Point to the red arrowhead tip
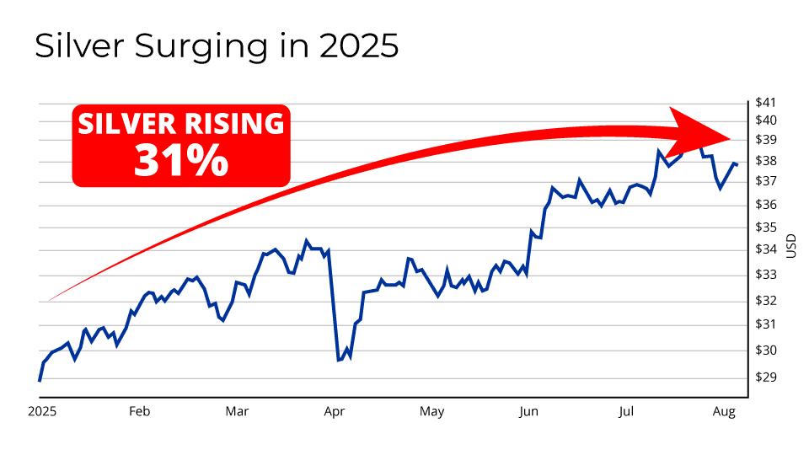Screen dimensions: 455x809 (730, 136)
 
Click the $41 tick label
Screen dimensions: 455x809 (766, 102)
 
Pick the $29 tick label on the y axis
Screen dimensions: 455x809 (766, 377)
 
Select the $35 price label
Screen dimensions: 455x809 (766, 227)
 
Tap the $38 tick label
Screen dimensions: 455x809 (766, 161)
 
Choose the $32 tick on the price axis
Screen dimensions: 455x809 (766, 301)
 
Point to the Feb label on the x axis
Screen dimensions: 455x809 (139, 412)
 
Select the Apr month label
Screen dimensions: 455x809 (335, 412)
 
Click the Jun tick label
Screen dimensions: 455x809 (528, 412)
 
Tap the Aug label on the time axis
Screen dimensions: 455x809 (724, 412)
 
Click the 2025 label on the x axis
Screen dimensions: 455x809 (41, 412)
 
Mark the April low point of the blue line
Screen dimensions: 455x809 (339, 360)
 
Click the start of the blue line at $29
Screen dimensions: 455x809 (40, 381)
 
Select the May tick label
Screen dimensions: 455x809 (431, 412)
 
